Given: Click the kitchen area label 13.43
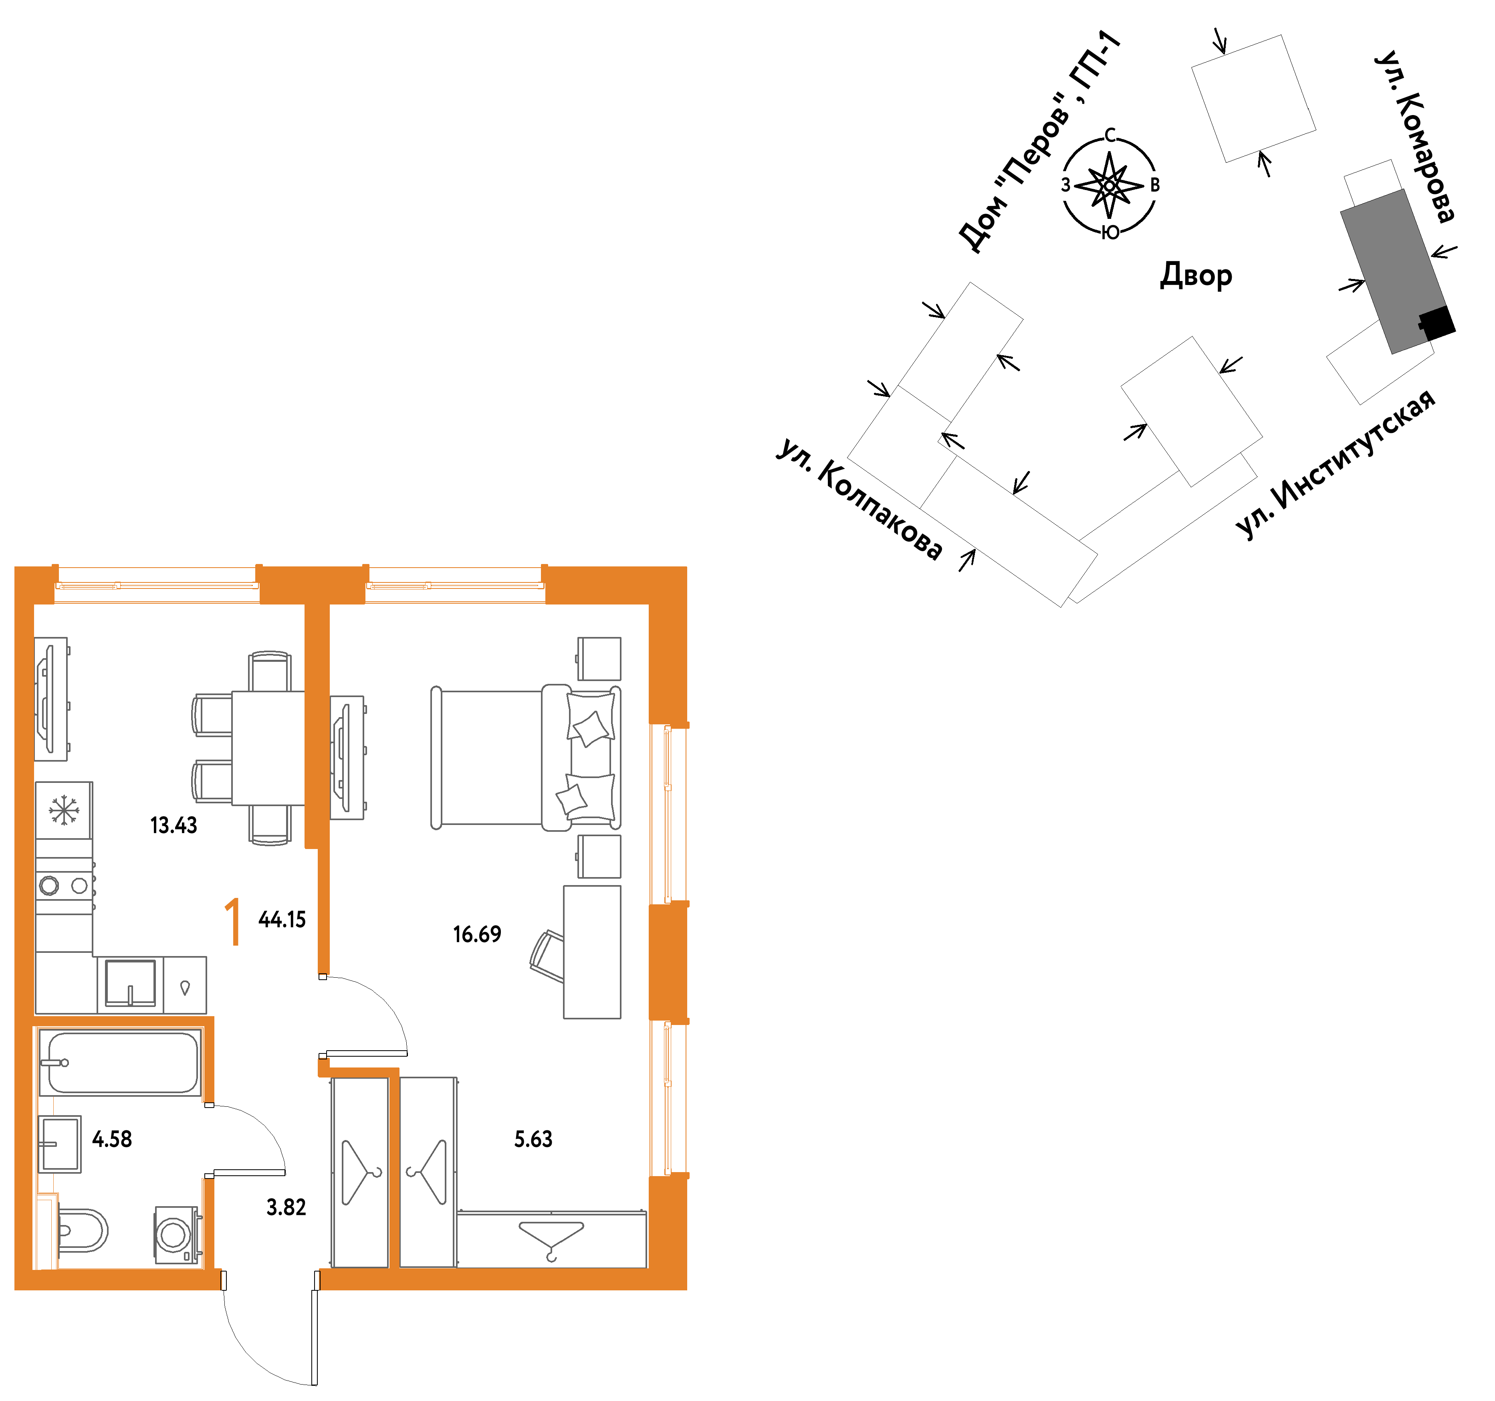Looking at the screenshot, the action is (x=174, y=825).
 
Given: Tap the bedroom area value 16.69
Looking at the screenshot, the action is (x=477, y=934).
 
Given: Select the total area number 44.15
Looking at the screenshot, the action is (x=282, y=920).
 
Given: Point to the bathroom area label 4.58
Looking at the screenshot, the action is (x=112, y=1139).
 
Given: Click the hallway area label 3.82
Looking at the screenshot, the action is (x=286, y=1208).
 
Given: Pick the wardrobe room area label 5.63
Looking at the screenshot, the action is (x=533, y=1139).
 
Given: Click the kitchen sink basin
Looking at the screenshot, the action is (x=130, y=982).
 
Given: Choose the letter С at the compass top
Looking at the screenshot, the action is (x=1110, y=135).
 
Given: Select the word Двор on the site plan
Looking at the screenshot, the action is (x=1196, y=275).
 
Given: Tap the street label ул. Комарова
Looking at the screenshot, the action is (x=1414, y=137).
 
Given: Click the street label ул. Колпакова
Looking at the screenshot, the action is (x=859, y=498).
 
